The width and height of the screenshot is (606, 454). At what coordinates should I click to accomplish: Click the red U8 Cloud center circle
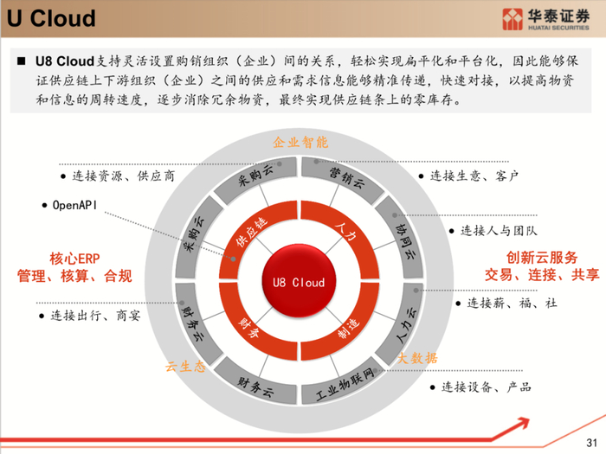click(299, 282)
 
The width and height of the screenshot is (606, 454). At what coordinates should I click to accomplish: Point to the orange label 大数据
click(417, 357)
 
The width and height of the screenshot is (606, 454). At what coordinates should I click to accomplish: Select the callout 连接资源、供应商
click(118, 176)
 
